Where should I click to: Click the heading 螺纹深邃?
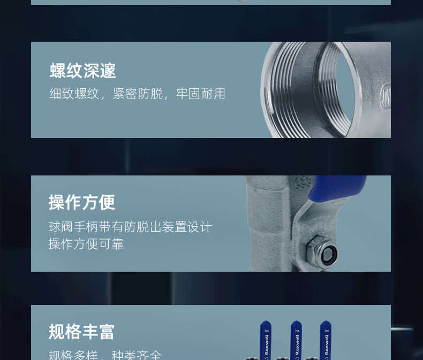83,71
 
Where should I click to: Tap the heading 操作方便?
82,202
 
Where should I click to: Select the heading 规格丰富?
81,332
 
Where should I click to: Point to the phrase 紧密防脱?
138,94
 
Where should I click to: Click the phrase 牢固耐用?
200,94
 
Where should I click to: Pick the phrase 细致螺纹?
74,94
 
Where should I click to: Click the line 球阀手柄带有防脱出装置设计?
130,227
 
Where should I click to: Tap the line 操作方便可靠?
86,244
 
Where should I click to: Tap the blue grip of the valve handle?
337,187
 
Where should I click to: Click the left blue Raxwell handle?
266,340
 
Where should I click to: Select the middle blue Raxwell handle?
296,340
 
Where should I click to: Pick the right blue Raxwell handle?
326,340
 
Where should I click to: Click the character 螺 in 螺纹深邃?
58,71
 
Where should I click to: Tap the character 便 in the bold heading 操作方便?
107,202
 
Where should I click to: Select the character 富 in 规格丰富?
107,332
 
